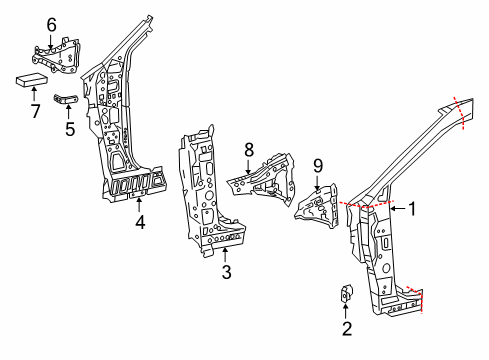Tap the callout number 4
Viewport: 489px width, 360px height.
coord(141,224)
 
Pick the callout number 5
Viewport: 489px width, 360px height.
coord(68,129)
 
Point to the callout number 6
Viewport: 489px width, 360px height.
coord(51,24)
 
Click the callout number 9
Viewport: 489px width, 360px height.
coord(318,165)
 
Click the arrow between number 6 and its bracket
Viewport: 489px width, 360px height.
coord(51,38)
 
